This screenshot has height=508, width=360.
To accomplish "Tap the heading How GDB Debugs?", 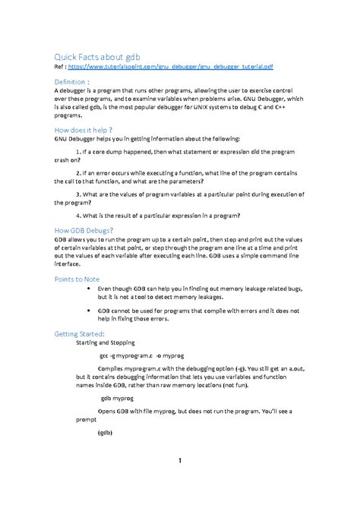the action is coord(84,229).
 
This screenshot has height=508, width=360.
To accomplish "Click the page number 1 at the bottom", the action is coord(180,461).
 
